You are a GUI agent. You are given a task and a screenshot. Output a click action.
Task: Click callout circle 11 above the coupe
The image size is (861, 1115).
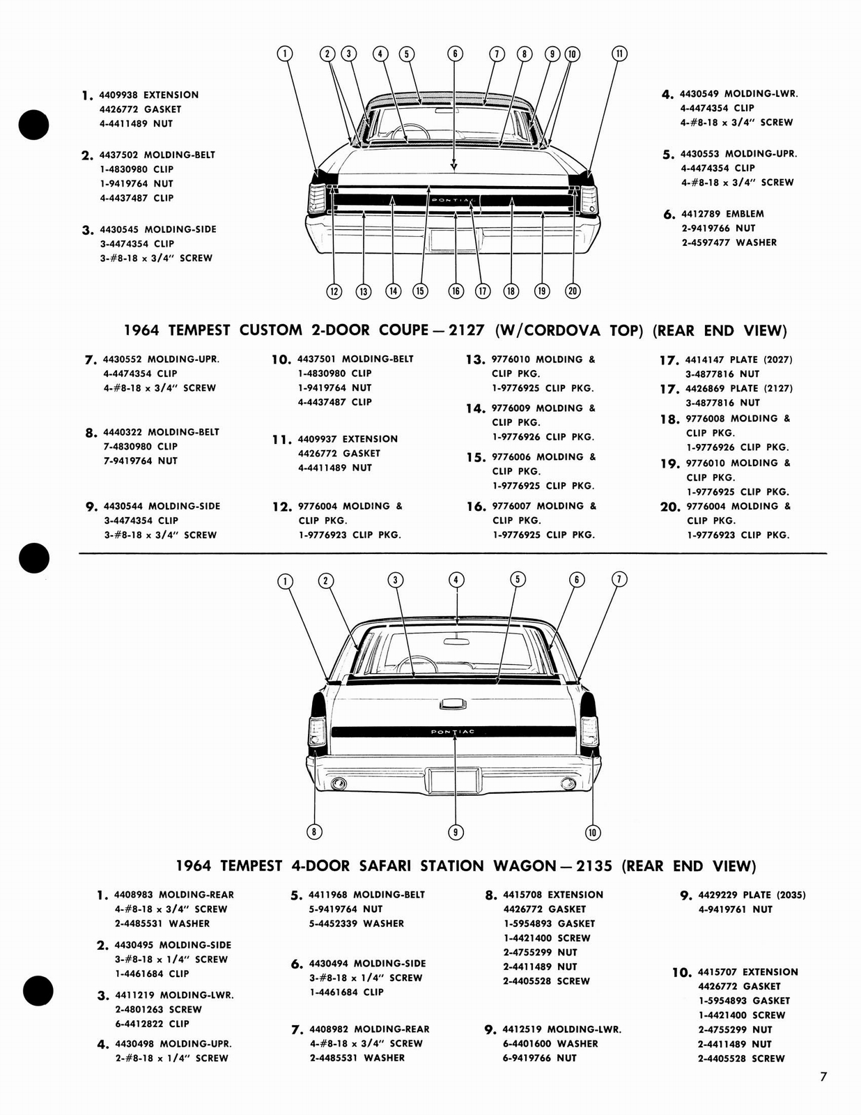click(x=619, y=54)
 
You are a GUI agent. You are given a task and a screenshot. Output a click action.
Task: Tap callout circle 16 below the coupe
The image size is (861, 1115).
click(x=456, y=291)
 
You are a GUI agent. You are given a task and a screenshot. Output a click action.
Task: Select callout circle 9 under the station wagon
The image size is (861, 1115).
click(x=456, y=831)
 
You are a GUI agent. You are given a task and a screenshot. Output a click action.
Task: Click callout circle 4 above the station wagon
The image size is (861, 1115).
click(x=456, y=580)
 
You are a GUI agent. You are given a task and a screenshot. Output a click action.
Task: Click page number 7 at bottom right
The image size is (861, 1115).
click(x=823, y=1077)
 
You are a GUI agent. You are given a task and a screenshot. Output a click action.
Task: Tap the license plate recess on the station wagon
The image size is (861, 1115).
click(x=455, y=780)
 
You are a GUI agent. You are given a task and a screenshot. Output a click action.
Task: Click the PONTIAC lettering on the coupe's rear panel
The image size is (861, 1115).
click(x=453, y=201)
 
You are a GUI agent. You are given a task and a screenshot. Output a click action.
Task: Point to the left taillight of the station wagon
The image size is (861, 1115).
click(x=317, y=731)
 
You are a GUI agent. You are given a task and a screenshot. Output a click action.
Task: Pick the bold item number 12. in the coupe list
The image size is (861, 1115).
click(x=282, y=507)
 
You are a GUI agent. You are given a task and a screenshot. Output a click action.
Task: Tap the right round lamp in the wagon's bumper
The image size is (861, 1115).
click(x=568, y=783)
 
